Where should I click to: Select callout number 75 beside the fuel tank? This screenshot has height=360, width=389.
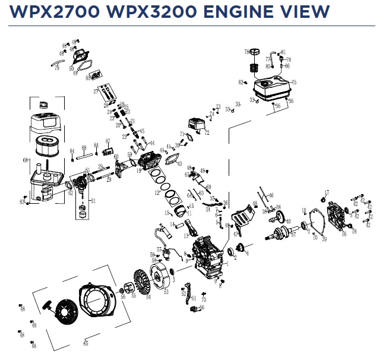pos(293,83)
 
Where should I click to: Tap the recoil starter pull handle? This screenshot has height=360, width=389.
pos(48,309)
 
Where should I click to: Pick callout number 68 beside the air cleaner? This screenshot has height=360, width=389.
pos(25,160)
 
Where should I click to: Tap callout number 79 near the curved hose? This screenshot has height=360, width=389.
pos(57,68)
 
